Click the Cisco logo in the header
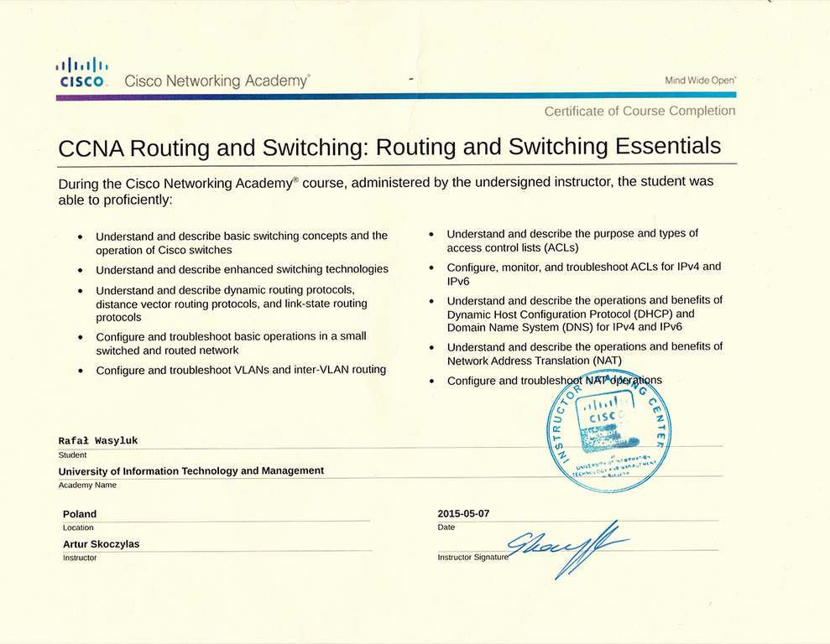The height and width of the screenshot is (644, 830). (81, 72)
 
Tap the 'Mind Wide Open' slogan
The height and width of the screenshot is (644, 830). (700, 80)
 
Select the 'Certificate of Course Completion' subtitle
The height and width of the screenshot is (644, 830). (639, 111)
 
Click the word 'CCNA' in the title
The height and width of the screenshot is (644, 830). (91, 148)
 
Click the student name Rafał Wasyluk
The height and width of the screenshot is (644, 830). (99, 440)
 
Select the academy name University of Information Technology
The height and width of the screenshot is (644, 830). (191, 470)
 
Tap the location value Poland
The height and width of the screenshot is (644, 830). (80, 513)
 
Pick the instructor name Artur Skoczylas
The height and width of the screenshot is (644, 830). (101, 543)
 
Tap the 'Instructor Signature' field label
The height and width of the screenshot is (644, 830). (472, 557)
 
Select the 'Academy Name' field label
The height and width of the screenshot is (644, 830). (87, 485)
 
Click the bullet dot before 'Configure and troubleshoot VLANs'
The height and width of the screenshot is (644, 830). (80, 371)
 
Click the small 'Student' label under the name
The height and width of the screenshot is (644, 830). (72, 454)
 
